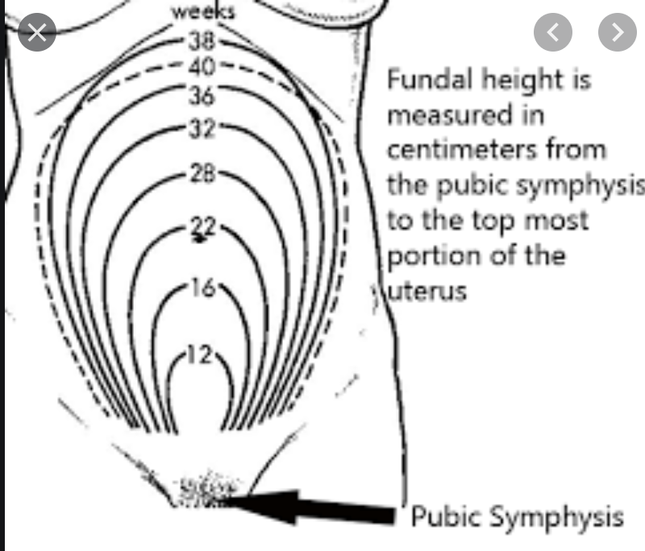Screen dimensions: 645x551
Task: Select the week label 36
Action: coord(202,96)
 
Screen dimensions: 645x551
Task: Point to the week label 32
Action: coord(202,129)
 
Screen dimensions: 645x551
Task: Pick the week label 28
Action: coord(202,174)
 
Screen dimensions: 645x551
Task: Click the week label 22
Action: coord(202,228)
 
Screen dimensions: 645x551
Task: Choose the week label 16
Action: coord(202,288)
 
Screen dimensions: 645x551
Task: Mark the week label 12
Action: coord(199,355)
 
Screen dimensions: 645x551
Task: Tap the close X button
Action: coord(37,32)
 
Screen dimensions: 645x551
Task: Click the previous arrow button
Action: coord(553,32)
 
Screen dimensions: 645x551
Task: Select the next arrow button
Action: coord(618,32)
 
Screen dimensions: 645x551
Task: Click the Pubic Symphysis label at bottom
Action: coord(517,516)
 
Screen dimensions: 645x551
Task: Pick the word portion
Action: coord(427,256)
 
